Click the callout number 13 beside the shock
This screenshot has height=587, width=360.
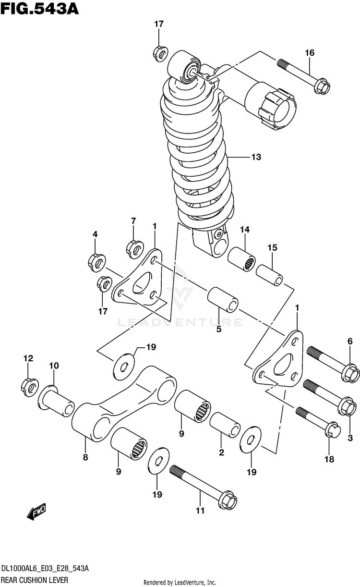coord(255,157)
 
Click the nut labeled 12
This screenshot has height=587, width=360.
coord(28,385)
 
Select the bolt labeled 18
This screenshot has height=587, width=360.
coord(316,421)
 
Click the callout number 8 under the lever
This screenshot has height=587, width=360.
coord(85,457)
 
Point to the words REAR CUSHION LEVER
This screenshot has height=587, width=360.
coord(34,580)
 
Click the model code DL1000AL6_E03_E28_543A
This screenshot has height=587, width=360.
coord(45,569)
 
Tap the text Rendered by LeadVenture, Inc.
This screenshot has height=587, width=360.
coord(180,582)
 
